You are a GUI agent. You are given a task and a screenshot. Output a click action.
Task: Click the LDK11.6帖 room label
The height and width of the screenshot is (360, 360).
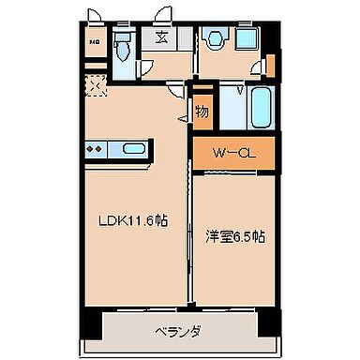click(x=134, y=221)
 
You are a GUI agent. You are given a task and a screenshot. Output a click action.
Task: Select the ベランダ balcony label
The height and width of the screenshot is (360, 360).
click(x=180, y=331)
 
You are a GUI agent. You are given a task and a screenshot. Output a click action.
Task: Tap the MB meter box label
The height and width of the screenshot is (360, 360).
click(x=95, y=41)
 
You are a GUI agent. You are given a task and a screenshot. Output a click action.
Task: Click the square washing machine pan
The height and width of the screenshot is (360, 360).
click(x=249, y=40)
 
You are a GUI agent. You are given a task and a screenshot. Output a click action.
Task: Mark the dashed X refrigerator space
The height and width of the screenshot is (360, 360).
click(x=95, y=84)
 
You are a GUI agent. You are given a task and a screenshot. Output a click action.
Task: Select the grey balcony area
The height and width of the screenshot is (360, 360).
click(x=180, y=331)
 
